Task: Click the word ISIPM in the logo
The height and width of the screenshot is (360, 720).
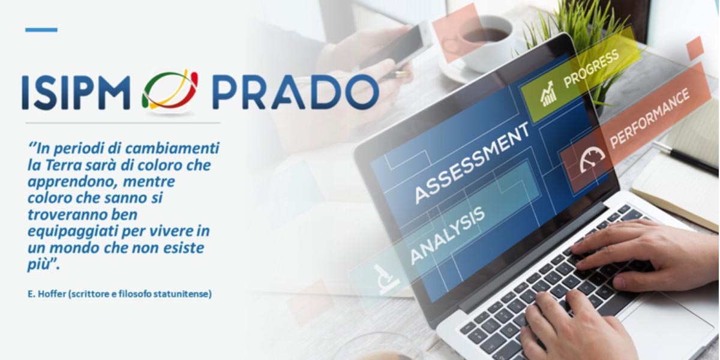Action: point(76,93)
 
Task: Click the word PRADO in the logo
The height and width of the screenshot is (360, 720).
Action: point(296,92)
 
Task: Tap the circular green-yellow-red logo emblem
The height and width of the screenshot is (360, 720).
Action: point(170,90)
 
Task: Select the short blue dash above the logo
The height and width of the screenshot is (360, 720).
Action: point(41,30)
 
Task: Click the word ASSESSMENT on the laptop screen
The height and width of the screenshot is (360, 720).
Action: point(472,163)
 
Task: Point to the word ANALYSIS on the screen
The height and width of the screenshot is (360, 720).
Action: point(448,235)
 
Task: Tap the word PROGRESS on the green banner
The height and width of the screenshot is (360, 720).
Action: point(592,69)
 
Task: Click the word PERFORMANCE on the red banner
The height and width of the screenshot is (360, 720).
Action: point(650,118)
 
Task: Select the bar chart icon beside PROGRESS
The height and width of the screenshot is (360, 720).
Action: point(548,94)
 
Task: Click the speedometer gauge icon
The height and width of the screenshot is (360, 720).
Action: point(592,159)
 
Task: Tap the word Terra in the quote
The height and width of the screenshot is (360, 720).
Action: point(64,165)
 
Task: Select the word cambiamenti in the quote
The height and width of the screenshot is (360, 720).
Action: point(172,148)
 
